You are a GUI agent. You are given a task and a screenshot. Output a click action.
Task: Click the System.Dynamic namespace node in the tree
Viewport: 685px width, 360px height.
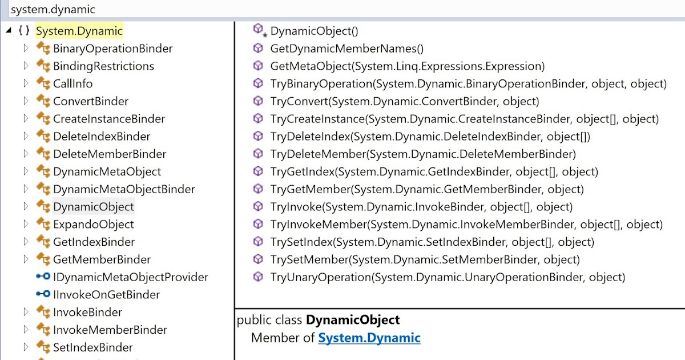tap(79, 31)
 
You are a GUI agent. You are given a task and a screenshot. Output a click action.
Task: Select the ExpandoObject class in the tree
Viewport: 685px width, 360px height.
tap(93, 224)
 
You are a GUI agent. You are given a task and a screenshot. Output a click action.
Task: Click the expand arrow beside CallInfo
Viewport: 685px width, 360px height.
tap(26, 83)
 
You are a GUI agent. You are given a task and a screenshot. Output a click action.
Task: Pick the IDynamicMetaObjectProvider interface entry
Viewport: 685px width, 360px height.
tap(130, 277)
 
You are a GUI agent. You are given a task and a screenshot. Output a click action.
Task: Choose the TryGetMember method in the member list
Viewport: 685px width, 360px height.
tap(426, 189)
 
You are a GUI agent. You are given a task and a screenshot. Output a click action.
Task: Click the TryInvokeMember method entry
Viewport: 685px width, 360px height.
tap(466, 224)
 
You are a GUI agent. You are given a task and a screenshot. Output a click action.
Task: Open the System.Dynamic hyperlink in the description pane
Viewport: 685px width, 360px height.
tap(369, 338)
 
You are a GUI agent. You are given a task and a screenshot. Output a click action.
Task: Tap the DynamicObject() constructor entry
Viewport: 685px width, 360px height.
tap(314, 31)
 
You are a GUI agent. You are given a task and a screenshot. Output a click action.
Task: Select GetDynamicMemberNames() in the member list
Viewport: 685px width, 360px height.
tap(346, 49)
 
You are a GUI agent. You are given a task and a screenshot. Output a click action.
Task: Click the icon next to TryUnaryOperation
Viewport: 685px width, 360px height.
tap(258, 277)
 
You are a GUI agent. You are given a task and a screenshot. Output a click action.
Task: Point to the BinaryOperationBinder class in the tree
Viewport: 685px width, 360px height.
tap(112, 49)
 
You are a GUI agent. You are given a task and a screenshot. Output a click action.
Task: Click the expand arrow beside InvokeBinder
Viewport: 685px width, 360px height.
tap(26, 312)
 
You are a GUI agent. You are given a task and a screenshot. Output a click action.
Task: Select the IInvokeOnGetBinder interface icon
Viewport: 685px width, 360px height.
tap(43, 295)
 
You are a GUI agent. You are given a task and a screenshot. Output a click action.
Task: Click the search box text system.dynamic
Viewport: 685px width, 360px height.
tap(53, 10)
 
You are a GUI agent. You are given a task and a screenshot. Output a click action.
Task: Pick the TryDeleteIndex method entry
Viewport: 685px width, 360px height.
tap(430, 137)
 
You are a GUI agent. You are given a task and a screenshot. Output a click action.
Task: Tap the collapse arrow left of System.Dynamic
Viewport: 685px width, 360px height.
tap(8, 31)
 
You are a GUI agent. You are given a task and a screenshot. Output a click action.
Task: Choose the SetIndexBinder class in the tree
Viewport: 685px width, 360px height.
tap(92, 347)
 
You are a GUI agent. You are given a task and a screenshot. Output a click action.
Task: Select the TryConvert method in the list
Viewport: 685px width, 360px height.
tap(404, 101)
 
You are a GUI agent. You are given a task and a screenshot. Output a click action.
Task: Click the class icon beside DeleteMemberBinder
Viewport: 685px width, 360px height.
tap(43, 154)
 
